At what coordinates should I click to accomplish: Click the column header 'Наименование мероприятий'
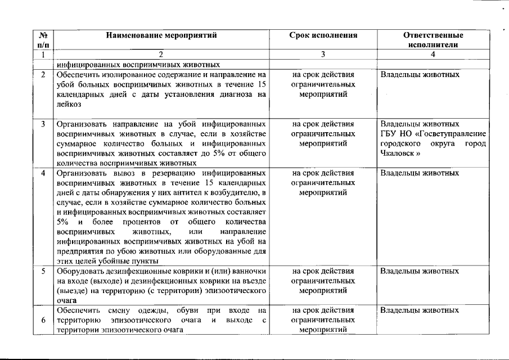pyautogui.click(x=161, y=35)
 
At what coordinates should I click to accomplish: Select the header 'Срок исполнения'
pyautogui.click(x=323, y=35)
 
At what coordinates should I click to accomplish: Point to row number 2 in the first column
pyautogui.click(x=43, y=74)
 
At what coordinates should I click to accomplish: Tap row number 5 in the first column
pyautogui.click(x=43, y=271)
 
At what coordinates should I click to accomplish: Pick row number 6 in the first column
pyautogui.click(x=43, y=320)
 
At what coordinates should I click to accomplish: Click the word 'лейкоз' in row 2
pyautogui.click(x=69, y=105)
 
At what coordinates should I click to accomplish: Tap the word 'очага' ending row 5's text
pyautogui.click(x=67, y=301)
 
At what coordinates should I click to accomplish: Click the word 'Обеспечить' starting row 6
pyautogui.click(x=76, y=310)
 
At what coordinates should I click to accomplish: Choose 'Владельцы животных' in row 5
pyautogui.click(x=420, y=271)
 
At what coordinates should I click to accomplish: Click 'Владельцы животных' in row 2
pyautogui.click(x=420, y=74)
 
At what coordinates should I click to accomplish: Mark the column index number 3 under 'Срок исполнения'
pyautogui.click(x=323, y=55)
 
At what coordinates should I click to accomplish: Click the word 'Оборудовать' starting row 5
pyautogui.click(x=78, y=271)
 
